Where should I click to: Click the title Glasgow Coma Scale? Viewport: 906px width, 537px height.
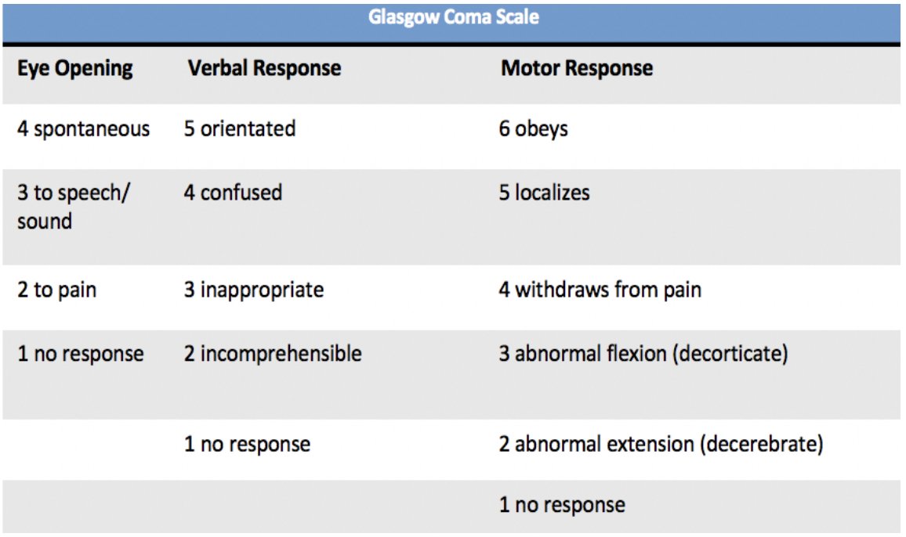click(x=454, y=17)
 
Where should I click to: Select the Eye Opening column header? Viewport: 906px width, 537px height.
click(x=74, y=68)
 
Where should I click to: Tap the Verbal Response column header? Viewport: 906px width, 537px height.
click(x=264, y=68)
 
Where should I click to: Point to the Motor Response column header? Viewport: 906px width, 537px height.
click(x=576, y=68)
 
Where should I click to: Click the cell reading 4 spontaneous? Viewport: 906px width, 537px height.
click(x=83, y=128)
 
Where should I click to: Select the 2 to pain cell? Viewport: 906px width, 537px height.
click(x=56, y=290)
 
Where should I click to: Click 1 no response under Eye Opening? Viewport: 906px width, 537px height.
click(x=80, y=354)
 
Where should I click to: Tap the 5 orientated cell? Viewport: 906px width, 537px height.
click(x=240, y=128)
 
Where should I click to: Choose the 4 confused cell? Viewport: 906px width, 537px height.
click(x=233, y=193)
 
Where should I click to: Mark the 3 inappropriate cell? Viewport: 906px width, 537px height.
click(x=253, y=290)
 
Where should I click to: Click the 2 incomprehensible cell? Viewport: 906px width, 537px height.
click(x=273, y=354)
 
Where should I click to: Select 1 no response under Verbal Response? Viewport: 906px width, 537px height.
click(x=247, y=445)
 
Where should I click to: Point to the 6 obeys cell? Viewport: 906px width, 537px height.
click(x=533, y=128)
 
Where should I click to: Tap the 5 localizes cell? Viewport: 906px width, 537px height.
click(x=544, y=193)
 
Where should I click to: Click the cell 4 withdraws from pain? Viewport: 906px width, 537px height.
click(x=600, y=290)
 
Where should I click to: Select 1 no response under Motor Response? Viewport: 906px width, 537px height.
click(x=562, y=505)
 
